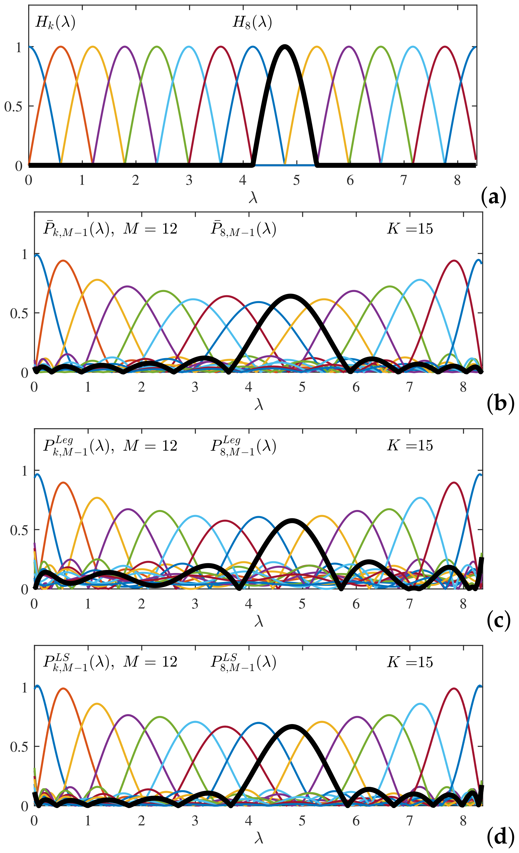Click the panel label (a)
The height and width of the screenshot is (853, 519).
pos(493,198)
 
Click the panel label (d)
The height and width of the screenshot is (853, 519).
pos(500,837)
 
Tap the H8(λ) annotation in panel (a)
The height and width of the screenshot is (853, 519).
pos(252,23)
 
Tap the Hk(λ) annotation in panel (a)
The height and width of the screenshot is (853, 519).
pos(55,23)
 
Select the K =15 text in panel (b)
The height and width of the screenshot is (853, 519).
pos(410,229)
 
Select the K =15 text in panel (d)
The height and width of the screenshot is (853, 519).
pos(410,662)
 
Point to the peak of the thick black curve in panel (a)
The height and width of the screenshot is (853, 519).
pos(284,46)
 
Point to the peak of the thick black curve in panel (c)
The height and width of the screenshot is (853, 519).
pos(292,520)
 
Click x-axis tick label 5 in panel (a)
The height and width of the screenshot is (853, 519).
pos(297,180)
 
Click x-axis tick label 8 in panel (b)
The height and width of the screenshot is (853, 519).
pos(463,387)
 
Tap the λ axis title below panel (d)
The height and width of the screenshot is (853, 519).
pos(259,838)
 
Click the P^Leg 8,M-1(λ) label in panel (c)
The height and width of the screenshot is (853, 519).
pos(243,447)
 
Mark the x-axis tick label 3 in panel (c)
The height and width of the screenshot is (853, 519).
pos(195,604)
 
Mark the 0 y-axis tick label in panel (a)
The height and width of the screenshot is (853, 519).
pos(19,166)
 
